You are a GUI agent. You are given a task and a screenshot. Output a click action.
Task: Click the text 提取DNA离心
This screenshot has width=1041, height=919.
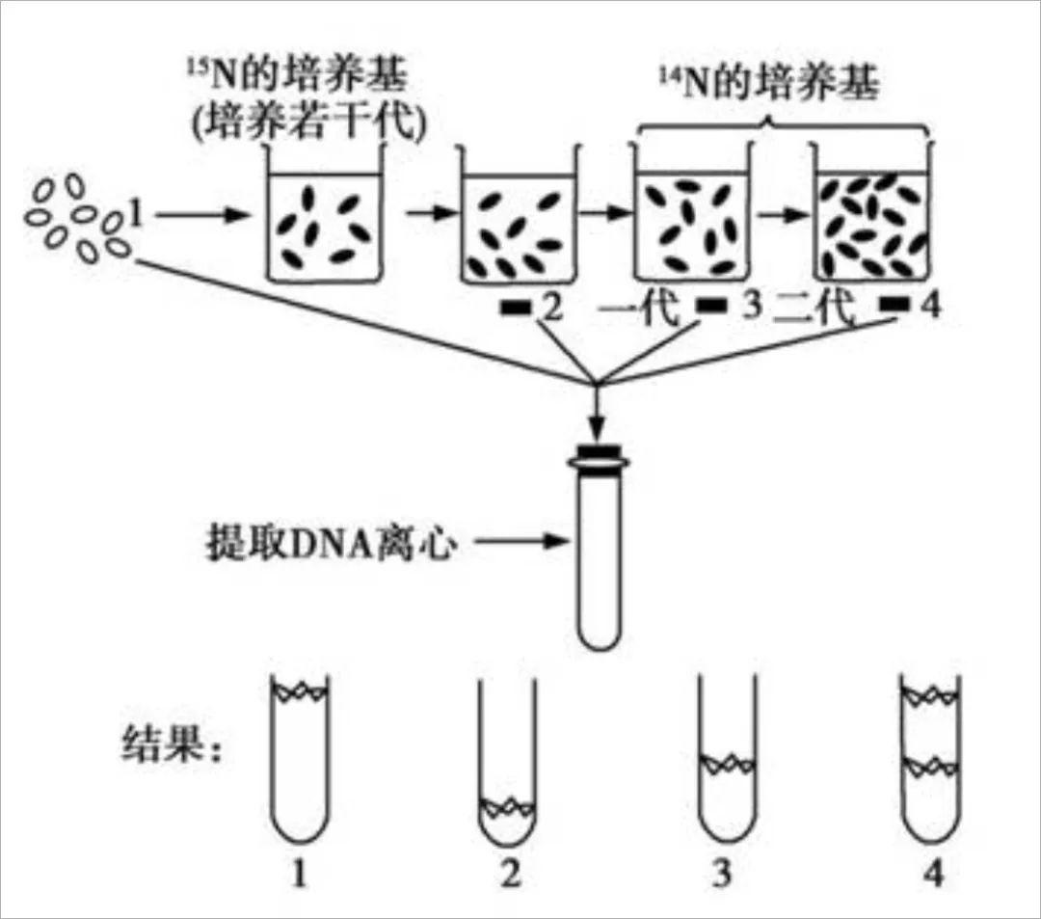[329, 543]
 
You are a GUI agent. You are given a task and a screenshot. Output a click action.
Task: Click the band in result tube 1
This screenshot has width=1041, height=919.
[300, 691]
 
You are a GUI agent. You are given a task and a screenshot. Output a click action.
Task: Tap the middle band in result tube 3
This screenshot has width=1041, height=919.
[727, 764]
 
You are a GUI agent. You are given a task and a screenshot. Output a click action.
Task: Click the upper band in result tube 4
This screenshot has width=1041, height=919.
[930, 693]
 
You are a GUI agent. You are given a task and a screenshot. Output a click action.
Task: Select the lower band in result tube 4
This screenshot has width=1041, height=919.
[930, 767]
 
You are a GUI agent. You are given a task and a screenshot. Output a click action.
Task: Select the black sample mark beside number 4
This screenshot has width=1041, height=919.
[895, 307]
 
